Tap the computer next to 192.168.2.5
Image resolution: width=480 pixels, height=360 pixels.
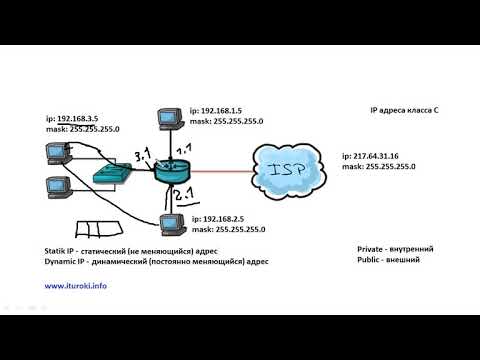[171, 225]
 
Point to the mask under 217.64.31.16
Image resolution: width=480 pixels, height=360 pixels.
[378, 168]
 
